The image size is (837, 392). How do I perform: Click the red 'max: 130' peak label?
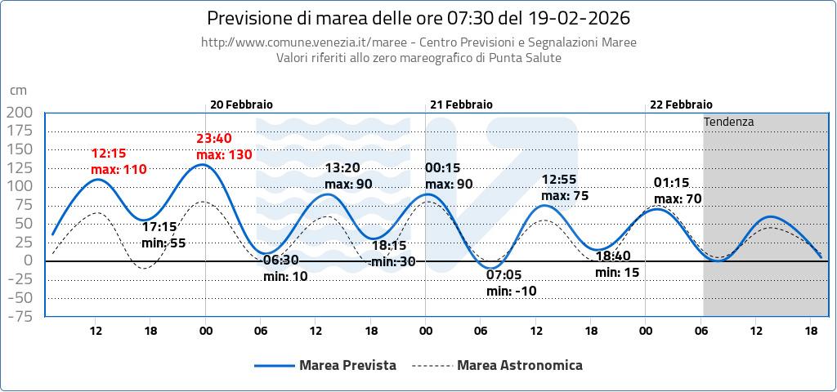(224, 154)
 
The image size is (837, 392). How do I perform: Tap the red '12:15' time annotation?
(108, 153)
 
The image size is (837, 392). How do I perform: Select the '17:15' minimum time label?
(159, 227)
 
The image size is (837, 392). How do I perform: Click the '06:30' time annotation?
(280, 261)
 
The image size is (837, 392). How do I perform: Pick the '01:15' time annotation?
(671, 182)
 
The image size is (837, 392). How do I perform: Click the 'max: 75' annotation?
(565, 196)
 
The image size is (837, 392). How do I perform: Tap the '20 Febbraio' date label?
(241, 105)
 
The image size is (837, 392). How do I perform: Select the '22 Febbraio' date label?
(681, 105)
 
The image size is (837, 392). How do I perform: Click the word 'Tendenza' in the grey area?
(728, 122)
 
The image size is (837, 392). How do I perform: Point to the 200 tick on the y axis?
(19, 112)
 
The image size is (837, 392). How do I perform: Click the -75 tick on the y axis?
(19, 316)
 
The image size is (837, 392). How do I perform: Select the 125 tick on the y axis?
(19, 167)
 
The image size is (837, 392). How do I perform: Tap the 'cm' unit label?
(18, 90)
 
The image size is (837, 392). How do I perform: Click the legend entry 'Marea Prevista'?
(347, 365)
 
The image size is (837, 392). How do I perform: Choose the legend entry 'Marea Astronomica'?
(520, 365)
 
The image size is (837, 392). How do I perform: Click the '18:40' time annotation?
(612, 256)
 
